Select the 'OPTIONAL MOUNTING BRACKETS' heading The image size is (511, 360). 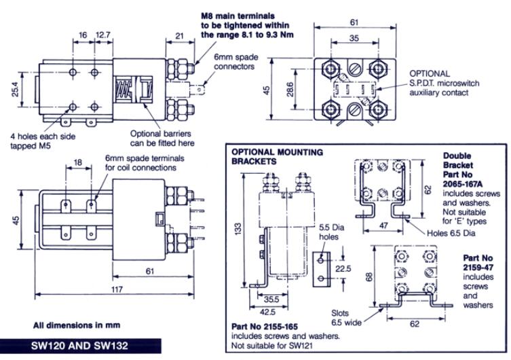click(x=277, y=157)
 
